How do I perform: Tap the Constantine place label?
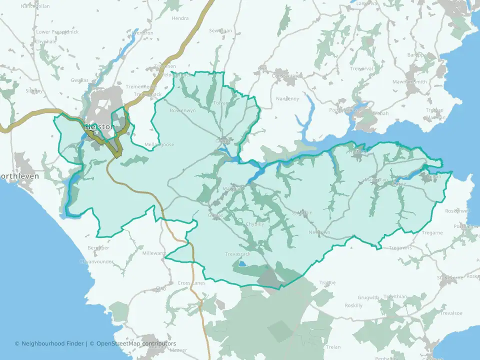[283, 76]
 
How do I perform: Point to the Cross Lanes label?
[191, 283]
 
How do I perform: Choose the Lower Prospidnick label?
[57, 32]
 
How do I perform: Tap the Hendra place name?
[180, 18]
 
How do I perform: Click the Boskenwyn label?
[181, 110]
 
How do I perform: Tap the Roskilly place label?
[353, 305]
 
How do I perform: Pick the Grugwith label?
[368, 297]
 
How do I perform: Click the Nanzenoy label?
[288, 98]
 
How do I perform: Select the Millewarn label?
[154, 253]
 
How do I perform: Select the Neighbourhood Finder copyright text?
[50, 343]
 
